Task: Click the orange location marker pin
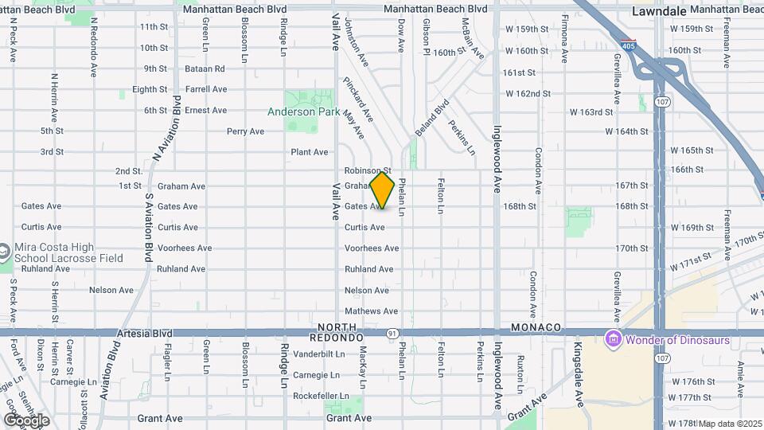[x=382, y=190]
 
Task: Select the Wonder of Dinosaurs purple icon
[x=613, y=340]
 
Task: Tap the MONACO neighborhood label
[x=536, y=328]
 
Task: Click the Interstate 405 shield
[x=629, y=46]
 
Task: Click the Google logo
[x=26, y=420]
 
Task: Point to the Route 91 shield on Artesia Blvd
[x=393, y=333]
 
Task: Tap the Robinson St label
[x=368, y=170]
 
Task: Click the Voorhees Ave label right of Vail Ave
[x=372, y=248]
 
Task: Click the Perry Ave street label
[x=245, y=131]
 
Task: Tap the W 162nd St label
[x=527, y=93]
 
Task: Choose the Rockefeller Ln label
[x=321, y=396]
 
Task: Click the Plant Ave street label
[x=309, y=152]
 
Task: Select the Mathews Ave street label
[x=371, y=311]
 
